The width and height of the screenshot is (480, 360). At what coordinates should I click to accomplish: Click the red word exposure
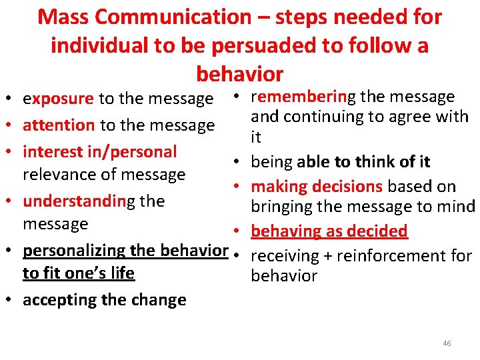tap(58, 99)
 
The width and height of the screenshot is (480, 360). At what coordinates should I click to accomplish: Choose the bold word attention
tap(59, 125)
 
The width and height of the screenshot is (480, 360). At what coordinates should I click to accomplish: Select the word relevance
tap(55, 175)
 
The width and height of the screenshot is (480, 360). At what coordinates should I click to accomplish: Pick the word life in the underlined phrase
tap(121, 273)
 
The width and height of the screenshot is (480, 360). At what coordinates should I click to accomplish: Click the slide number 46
tap(446, 343)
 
